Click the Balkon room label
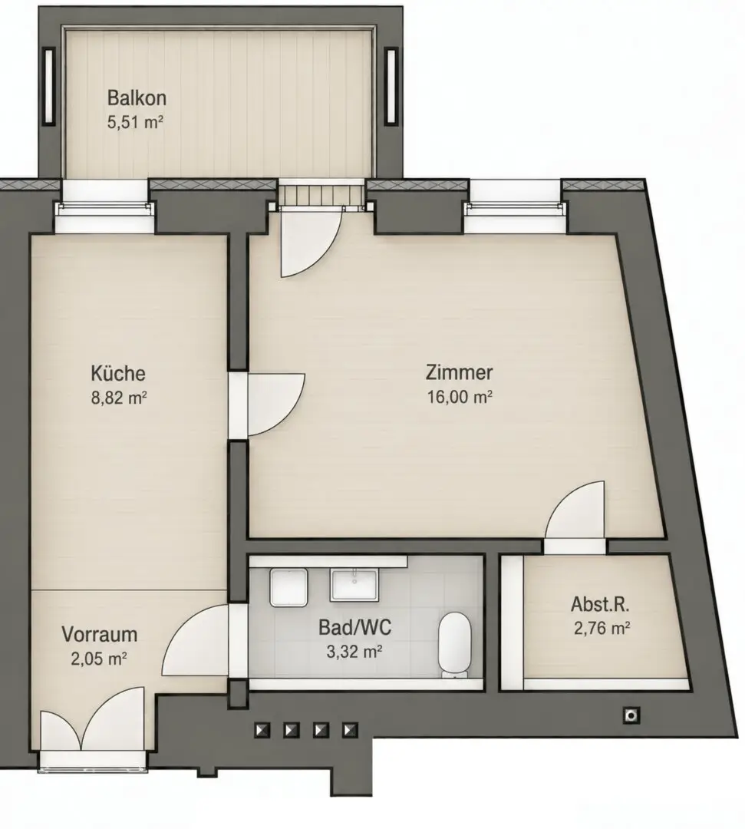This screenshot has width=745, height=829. (x=137, y=97)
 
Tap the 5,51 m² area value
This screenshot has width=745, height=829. (x=135, y=123)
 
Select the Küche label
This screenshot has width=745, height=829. (x=118, y=373)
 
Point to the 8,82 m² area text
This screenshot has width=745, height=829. (x=118, y=398)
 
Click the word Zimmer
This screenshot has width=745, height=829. (x=459, y=372)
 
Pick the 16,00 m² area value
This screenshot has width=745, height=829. (x=459, y=397)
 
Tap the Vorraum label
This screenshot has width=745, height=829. (x=99, y=635)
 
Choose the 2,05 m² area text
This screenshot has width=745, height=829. (x=99, y=659)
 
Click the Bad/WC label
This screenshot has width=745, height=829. (x=354, y=628)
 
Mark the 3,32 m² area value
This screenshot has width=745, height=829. (x=354, y=652)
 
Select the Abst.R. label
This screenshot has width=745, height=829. (x=600, y=604)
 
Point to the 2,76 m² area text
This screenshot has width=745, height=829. (x=602, y=628)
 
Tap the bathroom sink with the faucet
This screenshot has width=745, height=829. (x=354, y=585)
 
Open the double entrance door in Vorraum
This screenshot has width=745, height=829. (x=93, y=719)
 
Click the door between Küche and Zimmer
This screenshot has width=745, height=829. (x=268, y=405)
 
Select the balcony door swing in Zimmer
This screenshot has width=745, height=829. (x=311, y=241)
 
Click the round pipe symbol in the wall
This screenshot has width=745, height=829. (x=631, y=716)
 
